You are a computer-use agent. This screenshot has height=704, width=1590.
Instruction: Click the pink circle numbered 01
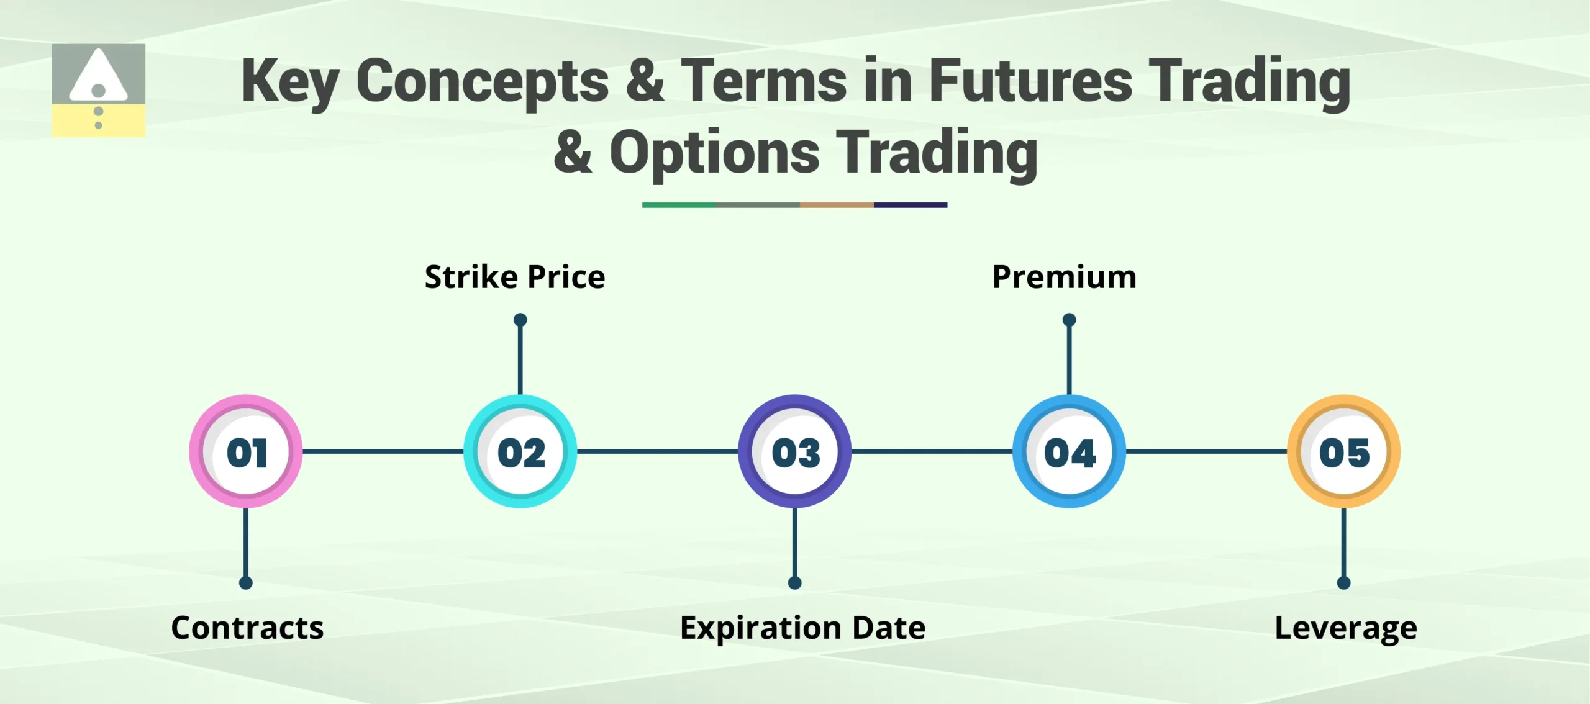click(x=246, y=451)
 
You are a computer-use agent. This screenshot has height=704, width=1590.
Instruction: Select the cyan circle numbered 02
click(x=520, y=451)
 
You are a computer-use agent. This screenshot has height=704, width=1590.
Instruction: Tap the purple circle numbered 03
click(x=795, y=451)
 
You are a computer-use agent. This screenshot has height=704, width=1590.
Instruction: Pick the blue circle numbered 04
click(x=1069, y=451)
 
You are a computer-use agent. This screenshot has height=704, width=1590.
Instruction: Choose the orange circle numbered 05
click(x=1343, y=451)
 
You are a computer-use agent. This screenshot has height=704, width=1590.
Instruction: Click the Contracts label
click(x=247, y=628)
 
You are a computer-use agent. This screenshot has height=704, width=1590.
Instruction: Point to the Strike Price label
click(x=514, y=277)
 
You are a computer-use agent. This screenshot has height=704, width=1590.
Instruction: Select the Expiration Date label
click(x=802, y=628)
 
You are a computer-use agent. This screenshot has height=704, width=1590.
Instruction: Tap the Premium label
click(x=1064, y=277)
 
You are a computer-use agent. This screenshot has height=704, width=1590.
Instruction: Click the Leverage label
click(x=1346, y=628)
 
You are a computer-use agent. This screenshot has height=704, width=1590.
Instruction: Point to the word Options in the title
click(x=714, y=153)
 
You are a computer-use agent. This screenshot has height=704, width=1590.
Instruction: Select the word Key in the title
click(x=289, y=82)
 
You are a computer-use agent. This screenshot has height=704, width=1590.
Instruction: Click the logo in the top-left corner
click(x=98, y=90)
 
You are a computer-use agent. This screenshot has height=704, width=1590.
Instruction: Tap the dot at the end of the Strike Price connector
click(x=520, y=320)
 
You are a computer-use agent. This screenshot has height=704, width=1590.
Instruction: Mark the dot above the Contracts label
click(x=246, y=583)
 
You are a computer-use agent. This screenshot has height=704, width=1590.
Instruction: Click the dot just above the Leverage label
click(x=1343, y=583)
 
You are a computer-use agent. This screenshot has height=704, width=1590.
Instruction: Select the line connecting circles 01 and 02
click(x=383, y=451)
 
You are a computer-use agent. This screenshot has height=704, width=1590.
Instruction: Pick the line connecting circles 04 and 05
click(x=1206, y=451)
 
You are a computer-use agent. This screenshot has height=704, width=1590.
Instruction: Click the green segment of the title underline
click(x=678, y=205)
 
